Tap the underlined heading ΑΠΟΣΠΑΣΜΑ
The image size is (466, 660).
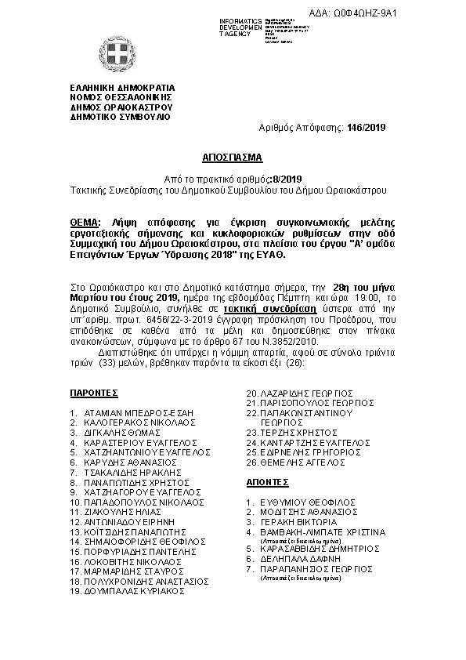tap(232, 157)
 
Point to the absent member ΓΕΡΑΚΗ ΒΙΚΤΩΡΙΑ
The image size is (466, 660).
tap(302, 521)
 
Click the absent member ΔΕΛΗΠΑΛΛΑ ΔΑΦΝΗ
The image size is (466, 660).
tap(306, 560)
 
